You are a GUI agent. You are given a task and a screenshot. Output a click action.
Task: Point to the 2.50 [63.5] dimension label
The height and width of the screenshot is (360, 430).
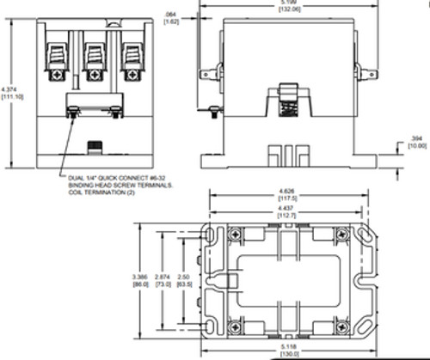point(183,279)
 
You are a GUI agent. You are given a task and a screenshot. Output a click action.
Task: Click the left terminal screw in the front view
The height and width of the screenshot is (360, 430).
point(56,76)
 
